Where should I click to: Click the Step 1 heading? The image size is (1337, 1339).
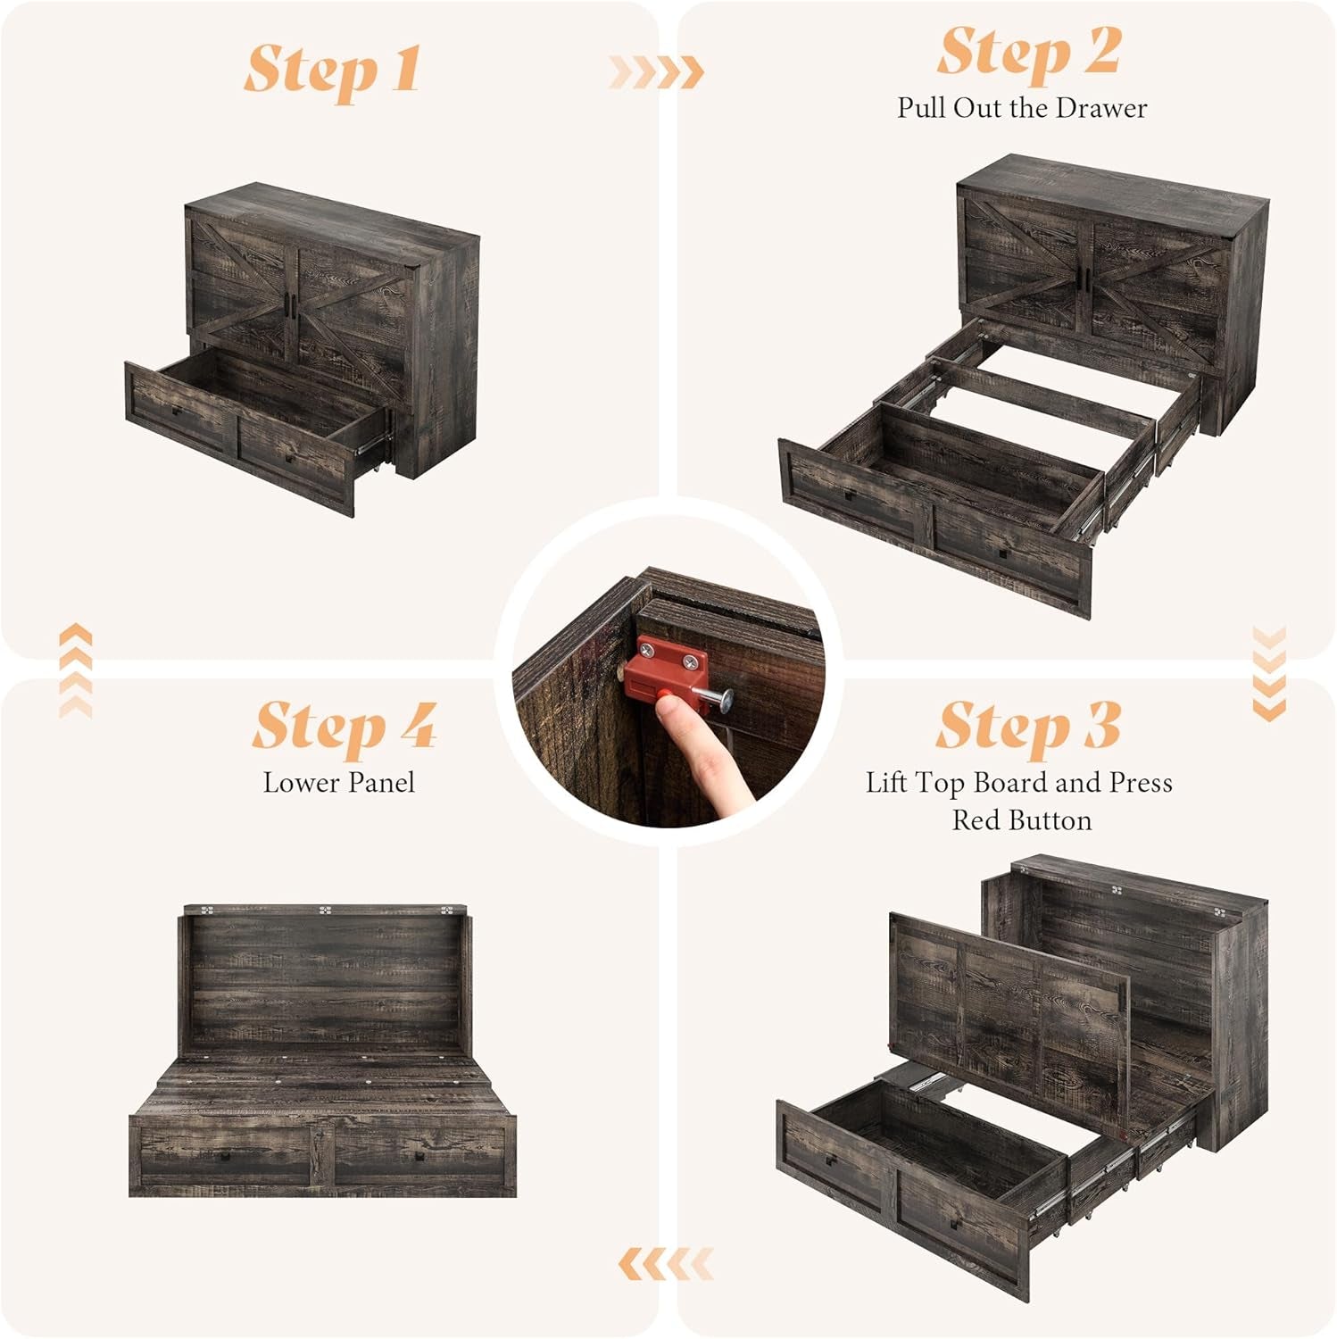pos(332,70)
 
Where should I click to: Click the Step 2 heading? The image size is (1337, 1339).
pos(1028,52)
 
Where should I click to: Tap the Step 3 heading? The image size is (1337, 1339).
pos(1028,725)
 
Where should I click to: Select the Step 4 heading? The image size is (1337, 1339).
pos(344,725)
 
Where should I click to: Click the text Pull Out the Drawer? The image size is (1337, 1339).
pos(1022,108)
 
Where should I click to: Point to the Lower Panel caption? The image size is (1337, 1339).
pos(339,783)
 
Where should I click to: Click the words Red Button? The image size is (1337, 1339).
pos(1022,819)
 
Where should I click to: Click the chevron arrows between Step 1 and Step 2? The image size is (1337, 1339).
pos(656,71)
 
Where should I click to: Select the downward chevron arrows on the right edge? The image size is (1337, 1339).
pos(1268,674)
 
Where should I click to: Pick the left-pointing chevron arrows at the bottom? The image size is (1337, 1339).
pos(665,1263)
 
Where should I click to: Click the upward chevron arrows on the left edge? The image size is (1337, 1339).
pos(75,669)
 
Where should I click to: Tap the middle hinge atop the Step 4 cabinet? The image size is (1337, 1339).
pos(326,911)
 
